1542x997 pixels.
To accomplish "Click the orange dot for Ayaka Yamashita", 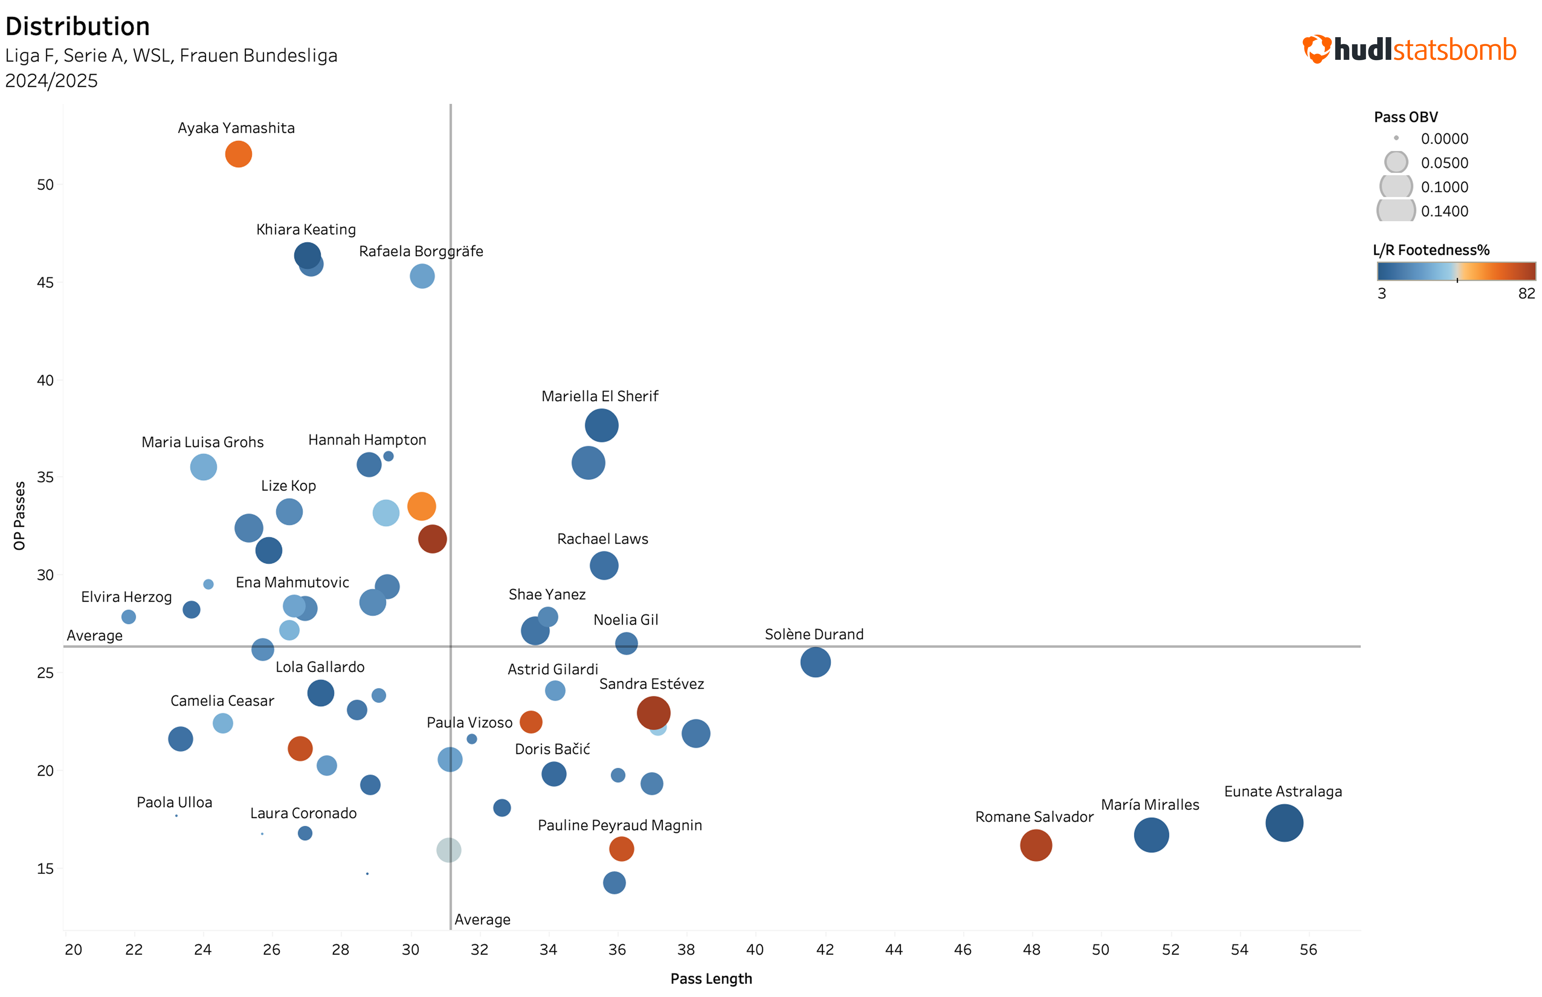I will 238,154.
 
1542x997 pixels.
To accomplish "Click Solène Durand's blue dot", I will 815,662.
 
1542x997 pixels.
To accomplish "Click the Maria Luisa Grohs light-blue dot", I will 203,467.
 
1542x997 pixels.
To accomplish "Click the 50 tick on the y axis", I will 45,185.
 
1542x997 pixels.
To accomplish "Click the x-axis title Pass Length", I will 711,979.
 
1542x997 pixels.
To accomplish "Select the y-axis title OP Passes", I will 19,515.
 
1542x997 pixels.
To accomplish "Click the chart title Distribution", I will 78,27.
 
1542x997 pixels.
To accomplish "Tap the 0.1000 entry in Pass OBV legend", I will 1444,187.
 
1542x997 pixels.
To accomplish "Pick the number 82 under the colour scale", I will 1526,294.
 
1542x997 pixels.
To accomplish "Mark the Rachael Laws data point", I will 603,565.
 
